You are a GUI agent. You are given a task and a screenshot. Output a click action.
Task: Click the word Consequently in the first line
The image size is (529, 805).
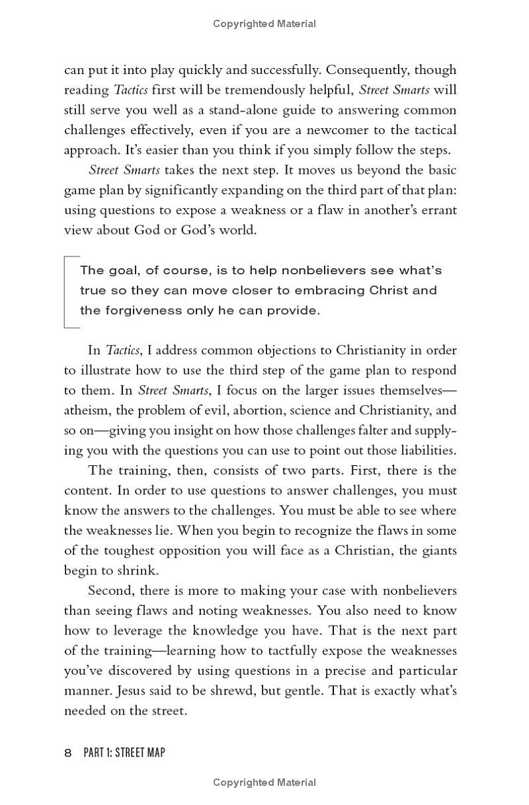click(366, 69)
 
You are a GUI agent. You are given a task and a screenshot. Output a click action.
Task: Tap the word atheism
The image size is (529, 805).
click(87, 410)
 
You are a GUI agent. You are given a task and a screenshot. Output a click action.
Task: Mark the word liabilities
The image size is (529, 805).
click(425, 450)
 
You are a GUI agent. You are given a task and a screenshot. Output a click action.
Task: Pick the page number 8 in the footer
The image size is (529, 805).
click(68, 753)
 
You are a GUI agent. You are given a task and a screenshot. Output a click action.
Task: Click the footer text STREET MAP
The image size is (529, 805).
click(140, 753)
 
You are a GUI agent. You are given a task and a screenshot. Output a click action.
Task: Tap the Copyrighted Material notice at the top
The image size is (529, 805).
click(264, 24)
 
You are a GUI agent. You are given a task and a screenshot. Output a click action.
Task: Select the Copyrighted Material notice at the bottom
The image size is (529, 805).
click(264, 783)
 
